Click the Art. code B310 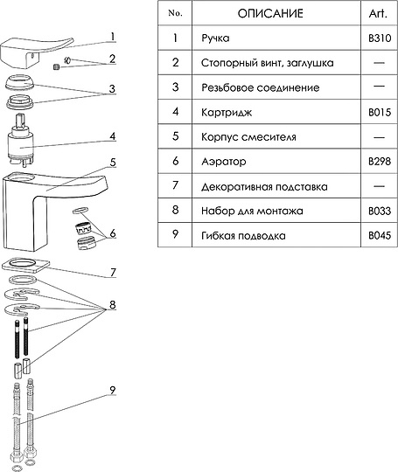tap(380, 38)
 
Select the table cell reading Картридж tap(227, 112)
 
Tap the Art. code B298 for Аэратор tap(380, 162)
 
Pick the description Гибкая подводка tap(243, 236)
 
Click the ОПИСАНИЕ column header tap(270, 13)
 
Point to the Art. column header tap(378, 13)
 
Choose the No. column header tap(175, 13)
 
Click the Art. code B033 tap(380, 211)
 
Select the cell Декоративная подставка tap(264, 187)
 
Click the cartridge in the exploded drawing tap(20, 139)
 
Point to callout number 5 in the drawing tap(113, 163)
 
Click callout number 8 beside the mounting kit tap(112, 305)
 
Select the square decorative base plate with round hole tap(25, 265)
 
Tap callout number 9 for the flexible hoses tap(112, 391)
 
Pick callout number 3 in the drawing tap(112, 89)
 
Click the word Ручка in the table tap(215, 38)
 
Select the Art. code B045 tap(380, 236)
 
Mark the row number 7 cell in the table tap(175, 185)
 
